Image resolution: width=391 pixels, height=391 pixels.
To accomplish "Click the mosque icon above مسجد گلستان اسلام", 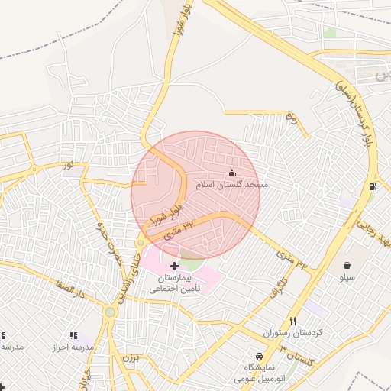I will point(232,173).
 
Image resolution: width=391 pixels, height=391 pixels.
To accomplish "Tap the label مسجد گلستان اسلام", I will point(232,186).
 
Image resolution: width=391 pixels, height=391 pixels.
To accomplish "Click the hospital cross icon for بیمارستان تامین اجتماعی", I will point(175,267).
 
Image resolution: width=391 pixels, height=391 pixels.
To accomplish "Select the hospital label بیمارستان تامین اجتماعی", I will point(175,284).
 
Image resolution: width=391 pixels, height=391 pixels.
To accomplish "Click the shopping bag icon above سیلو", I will point(347,265).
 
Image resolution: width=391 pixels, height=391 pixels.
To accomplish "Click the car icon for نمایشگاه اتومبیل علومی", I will point(259,357).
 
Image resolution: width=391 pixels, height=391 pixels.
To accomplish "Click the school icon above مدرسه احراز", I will point(73,335).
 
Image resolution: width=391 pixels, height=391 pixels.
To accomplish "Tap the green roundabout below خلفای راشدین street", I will point(111,312).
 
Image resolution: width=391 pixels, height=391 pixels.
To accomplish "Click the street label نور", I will point(69,164).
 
